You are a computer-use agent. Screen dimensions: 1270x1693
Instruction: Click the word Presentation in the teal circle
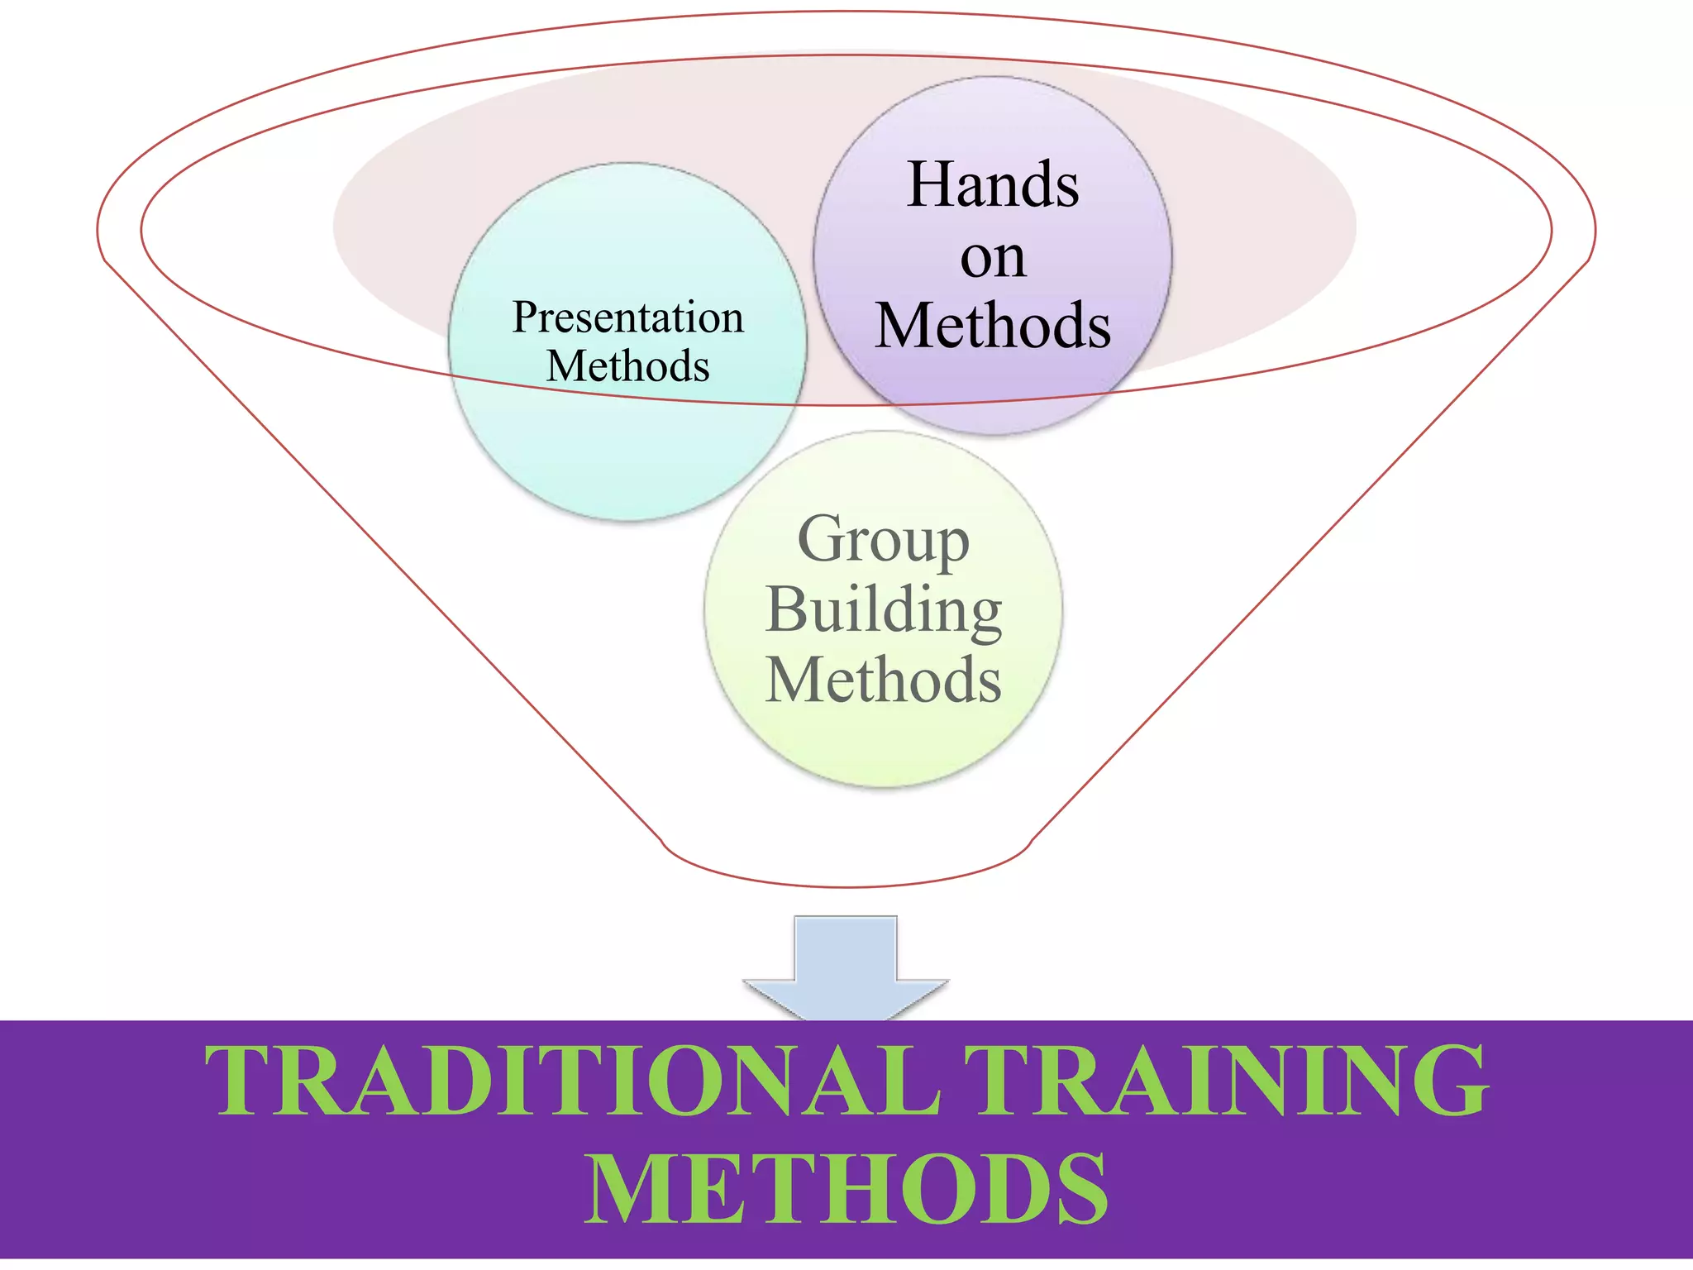(627, 317)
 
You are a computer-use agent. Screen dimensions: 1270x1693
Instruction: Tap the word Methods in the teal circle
(627, 365)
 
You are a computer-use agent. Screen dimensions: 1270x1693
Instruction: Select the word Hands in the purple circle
(992, 184)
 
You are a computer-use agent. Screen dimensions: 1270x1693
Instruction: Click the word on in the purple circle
(992, 258)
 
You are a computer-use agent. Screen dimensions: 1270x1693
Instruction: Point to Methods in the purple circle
(992, 326)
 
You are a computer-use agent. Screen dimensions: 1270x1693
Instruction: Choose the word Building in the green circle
(883, 610)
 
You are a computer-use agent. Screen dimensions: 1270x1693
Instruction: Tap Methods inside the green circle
(883, 680)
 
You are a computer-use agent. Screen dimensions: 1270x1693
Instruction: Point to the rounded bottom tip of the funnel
(846, 886)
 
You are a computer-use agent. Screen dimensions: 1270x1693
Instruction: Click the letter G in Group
(823, 538)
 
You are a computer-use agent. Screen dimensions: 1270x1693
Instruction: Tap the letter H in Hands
(932, 184)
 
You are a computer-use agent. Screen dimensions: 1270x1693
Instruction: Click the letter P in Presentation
(526, 317)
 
